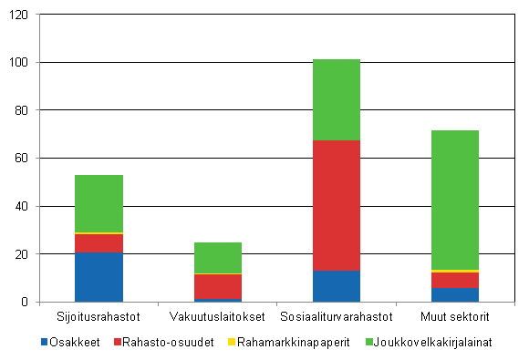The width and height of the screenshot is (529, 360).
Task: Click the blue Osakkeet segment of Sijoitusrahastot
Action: [x=99, y=277]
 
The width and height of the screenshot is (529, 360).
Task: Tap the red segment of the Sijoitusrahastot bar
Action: [x=99, y=243]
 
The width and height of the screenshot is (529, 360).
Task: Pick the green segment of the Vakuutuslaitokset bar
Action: [x=217, y=257]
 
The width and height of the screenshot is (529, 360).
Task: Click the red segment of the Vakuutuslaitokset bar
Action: [x=217, y=286]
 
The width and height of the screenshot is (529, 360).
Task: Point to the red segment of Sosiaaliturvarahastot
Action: [x=336, y=205]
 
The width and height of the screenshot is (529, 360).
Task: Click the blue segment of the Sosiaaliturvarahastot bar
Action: [x=336, y=286]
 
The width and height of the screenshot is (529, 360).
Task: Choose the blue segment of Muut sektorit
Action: [x=454, y=294]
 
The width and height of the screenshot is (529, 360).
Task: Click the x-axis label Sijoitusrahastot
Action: [x=99, y=317]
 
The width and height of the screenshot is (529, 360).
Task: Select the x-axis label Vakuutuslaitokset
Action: [x=217, y=317]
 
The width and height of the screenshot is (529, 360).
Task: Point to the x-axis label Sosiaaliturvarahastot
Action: [x=336, y=317]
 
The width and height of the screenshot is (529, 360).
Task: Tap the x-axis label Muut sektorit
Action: [x=454, y=317]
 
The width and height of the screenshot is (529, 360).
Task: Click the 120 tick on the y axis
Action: [x=19, y=15]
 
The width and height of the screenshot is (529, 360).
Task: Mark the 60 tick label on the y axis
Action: [x=22, y=159]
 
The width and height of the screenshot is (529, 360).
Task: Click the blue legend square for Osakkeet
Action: [x=45, y=342]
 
